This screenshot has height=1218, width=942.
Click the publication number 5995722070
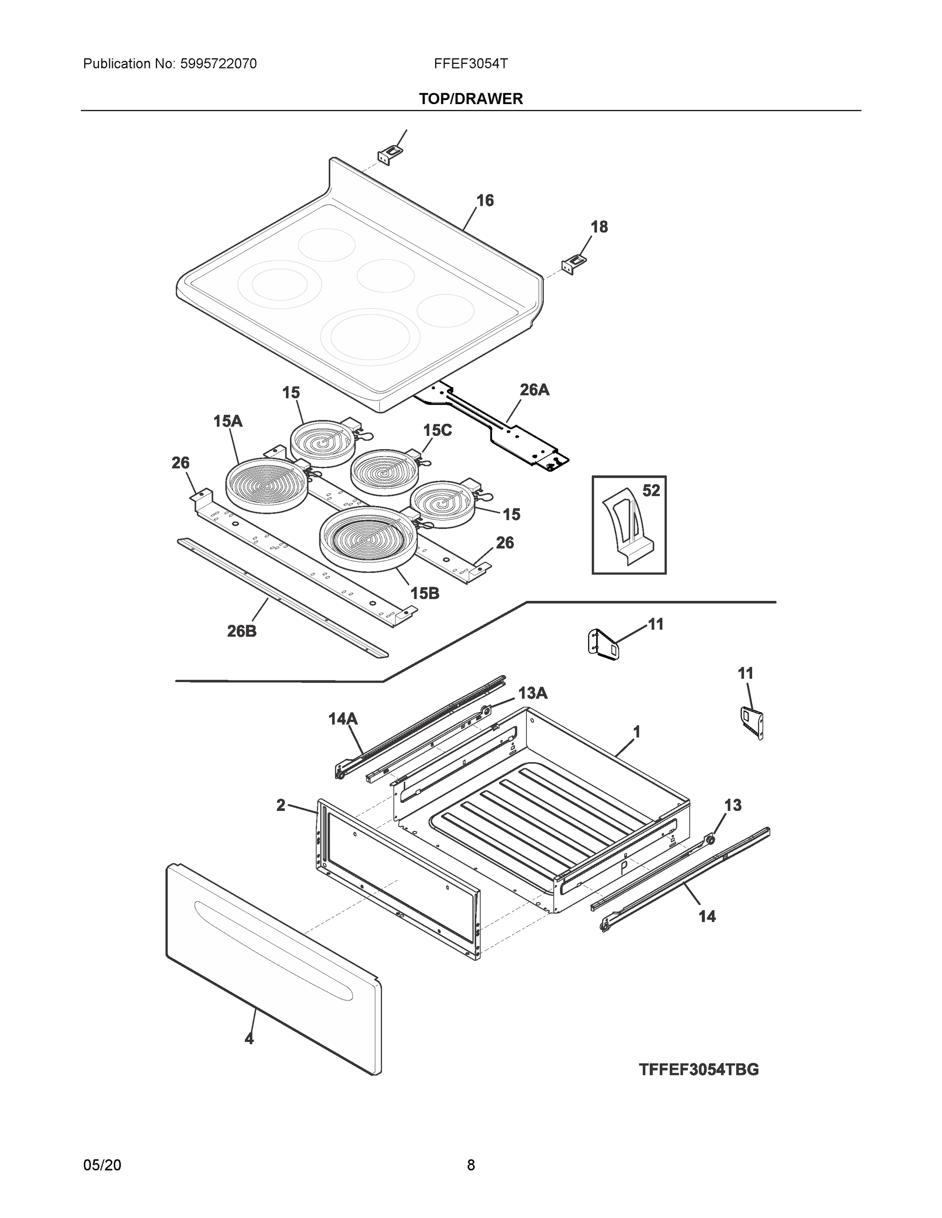pos(218,64)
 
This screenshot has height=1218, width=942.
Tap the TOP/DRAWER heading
pos(470,99)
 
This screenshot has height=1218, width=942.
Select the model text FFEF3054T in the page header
pos(470,64)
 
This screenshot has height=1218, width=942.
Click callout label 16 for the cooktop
pos(485,201)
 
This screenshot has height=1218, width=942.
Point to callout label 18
pos(599,227)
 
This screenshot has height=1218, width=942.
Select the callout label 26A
pos(534,390)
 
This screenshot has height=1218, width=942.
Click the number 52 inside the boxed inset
pos(651,491)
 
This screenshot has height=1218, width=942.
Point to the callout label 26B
pos(242,631)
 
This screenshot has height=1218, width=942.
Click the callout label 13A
pos(532,693)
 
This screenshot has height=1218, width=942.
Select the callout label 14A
pos(343,720)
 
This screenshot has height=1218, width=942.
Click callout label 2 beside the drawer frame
pos(281,805)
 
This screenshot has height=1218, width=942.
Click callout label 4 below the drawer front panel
pos(249,1039)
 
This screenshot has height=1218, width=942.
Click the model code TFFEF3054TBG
pos(698,1070)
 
